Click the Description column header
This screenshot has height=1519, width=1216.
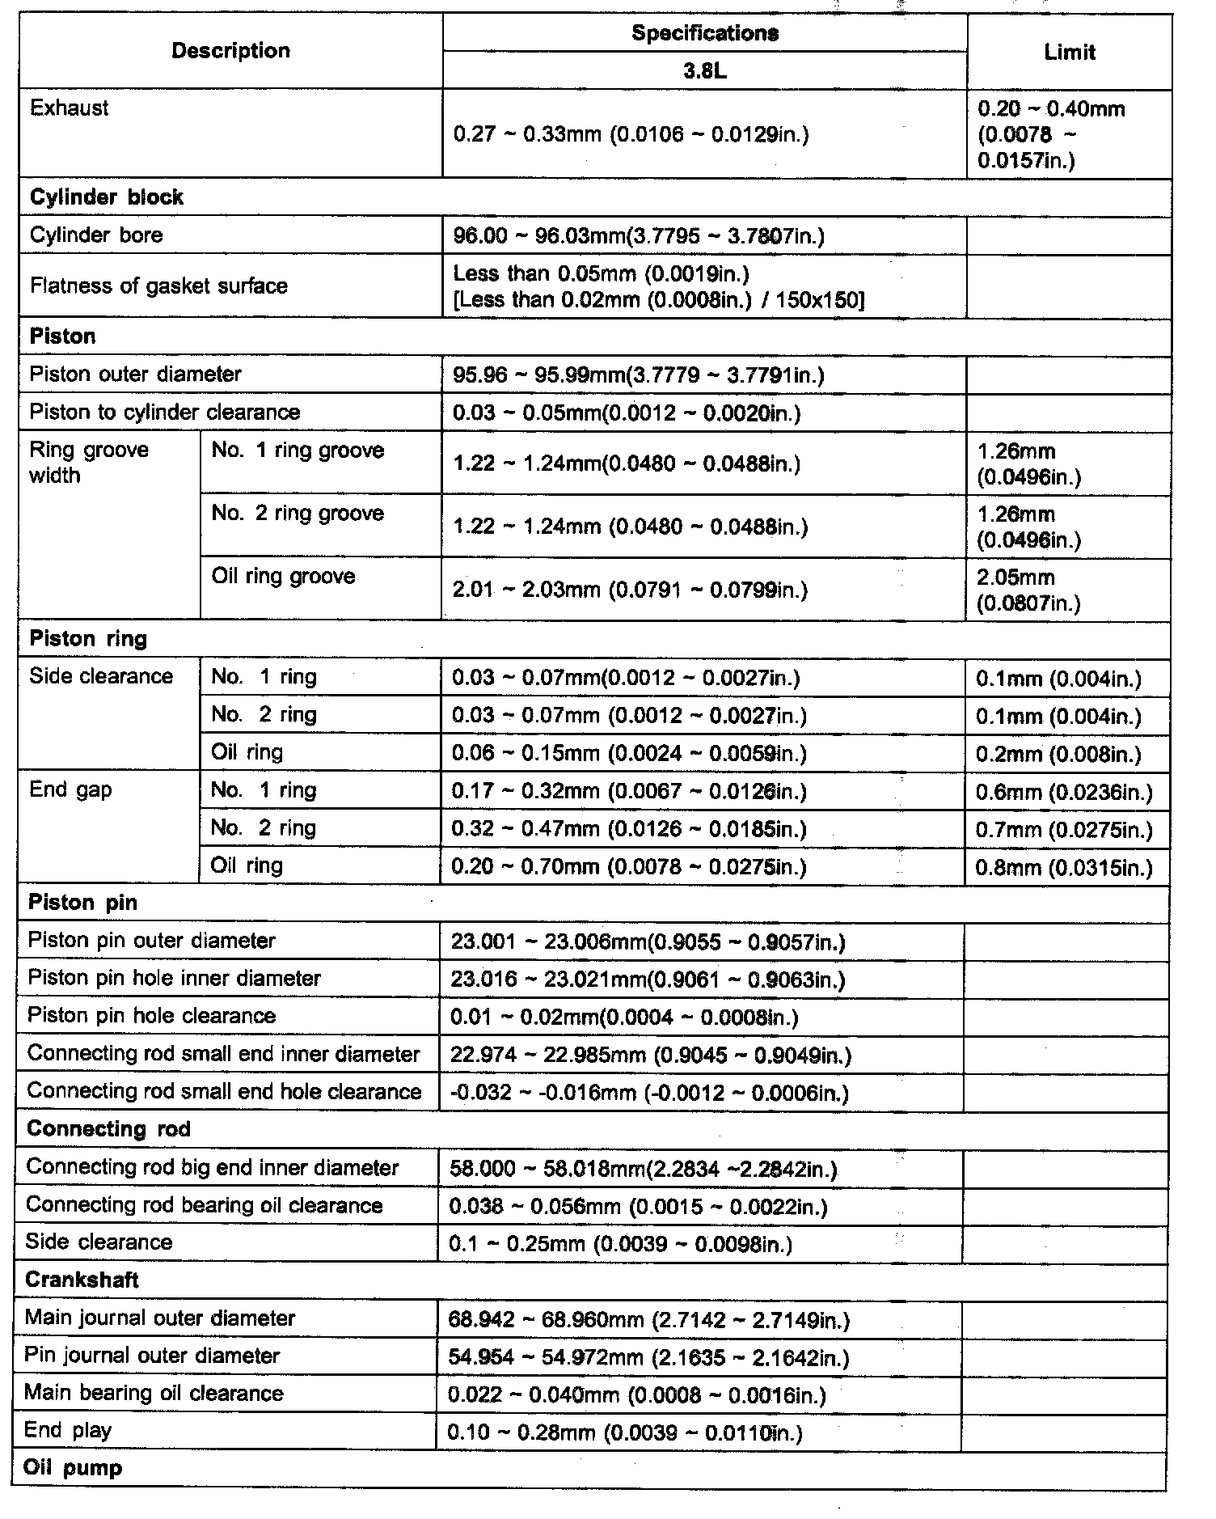point(230,51)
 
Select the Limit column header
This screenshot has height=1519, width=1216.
point(1069,53)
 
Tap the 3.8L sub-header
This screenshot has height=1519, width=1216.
point(704,71)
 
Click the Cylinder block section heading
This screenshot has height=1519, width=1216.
point(107,197)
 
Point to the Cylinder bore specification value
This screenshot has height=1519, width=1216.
point(639,236)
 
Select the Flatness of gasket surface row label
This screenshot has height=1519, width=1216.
point(158,286)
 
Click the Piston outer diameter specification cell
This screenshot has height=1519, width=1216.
point(638,375)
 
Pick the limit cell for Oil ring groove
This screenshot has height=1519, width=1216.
point(1028,590)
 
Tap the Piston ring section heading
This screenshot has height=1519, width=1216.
point(88,639)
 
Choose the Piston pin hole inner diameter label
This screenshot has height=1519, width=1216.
point(174,979)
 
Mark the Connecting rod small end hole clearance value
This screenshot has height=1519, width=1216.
point(648,1094)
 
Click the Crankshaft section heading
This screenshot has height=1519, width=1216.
point(82,1280)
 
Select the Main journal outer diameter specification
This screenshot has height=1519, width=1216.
point(648,1320)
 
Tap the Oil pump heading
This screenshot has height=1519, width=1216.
point(73,1468)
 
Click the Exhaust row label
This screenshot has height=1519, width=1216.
point(70,108)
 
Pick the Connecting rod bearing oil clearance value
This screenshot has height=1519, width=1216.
point(638,1207)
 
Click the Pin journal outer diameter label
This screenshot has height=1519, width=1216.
point(152,1356)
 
